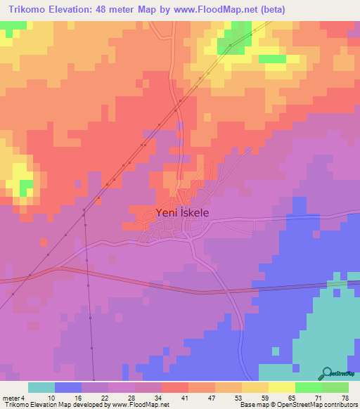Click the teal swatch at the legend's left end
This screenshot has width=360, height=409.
(x=41, y=387)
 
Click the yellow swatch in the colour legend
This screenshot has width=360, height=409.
(x=282, y=387)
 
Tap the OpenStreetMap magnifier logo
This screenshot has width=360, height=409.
(x=328, y=373)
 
